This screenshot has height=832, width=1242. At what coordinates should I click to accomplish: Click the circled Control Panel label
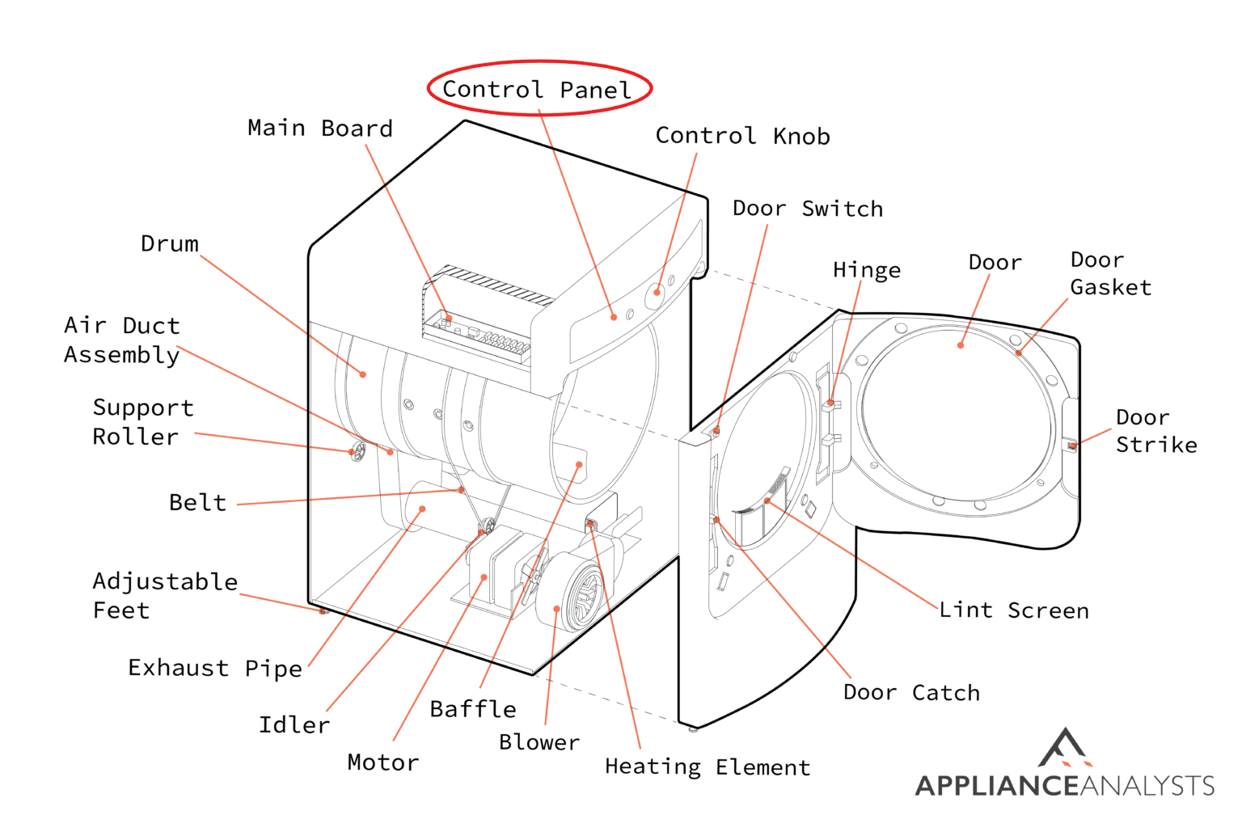[539, 89]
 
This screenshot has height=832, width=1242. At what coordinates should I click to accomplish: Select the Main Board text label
[320, 129]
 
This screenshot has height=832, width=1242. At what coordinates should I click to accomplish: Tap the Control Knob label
[742, 136]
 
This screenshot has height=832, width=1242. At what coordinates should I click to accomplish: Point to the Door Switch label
[807, 209]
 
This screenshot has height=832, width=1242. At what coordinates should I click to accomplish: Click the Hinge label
[866, 270]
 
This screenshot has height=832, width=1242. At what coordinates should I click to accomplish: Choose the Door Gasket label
[1109, 273]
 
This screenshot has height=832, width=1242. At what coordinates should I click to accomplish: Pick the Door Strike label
[1155, 431]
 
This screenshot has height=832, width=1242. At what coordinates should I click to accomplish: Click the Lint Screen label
[1013, 610]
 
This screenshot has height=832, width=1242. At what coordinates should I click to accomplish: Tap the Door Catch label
[911, 693]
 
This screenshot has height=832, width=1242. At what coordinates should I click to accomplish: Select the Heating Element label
[708, 767]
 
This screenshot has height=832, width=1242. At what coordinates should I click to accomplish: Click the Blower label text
[539, 742]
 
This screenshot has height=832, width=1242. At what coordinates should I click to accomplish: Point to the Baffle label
[473, 709]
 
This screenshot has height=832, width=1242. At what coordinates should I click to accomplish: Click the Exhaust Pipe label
[215, 669]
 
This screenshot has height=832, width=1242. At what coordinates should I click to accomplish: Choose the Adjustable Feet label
[164, 596]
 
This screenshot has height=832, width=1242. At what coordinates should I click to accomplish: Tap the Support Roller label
[142, 422]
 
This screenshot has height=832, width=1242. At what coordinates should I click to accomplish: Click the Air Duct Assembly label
[121, 340]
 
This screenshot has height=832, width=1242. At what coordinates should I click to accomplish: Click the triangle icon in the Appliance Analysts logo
[1065, 748]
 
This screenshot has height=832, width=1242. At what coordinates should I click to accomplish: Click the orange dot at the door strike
[1072, 446]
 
